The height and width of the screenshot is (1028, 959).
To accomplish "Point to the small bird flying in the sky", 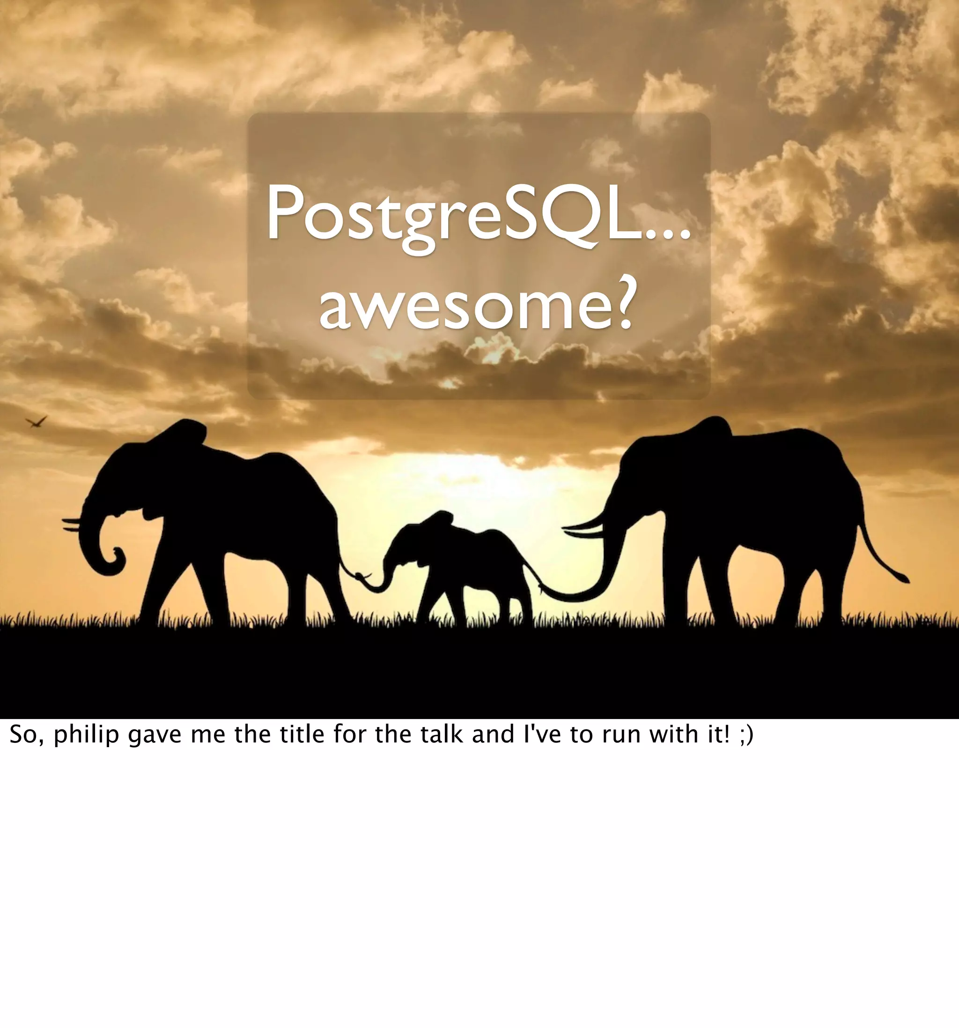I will pos(36,422).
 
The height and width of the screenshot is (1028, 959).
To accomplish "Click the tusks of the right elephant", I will pos(582,529).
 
